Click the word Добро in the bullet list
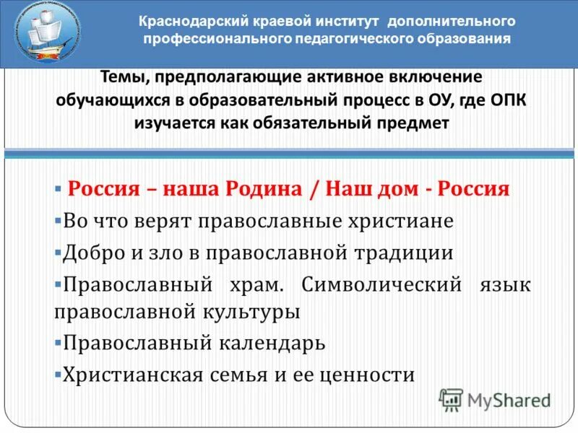[90, 253]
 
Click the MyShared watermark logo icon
[451, 398]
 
